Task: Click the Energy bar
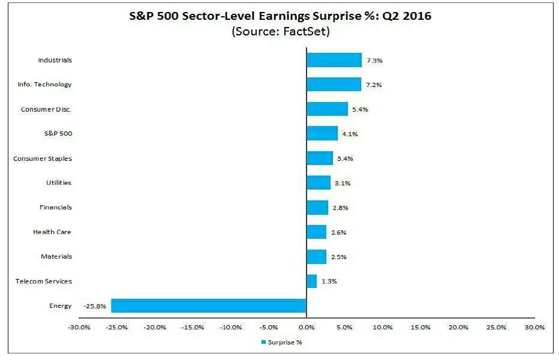click(209, 306)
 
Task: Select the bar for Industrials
click(334, 60)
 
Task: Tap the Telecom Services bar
click(311, 281)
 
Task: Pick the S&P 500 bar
click(322, 133)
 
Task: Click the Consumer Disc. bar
click(327, 109)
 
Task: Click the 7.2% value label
click(374, 85)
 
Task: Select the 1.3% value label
click(329, 281)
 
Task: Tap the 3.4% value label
click(345, 158)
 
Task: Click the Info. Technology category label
click(44, 85)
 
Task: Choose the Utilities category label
click(59, 182)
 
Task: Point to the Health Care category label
click(52, 232)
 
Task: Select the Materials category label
click(56, 256)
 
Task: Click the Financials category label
click(55, 207)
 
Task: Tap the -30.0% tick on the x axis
click(79, 328)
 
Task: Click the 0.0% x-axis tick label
click(306, 328)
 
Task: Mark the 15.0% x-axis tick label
click(420, 328)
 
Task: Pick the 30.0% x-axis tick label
click(534, 328)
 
